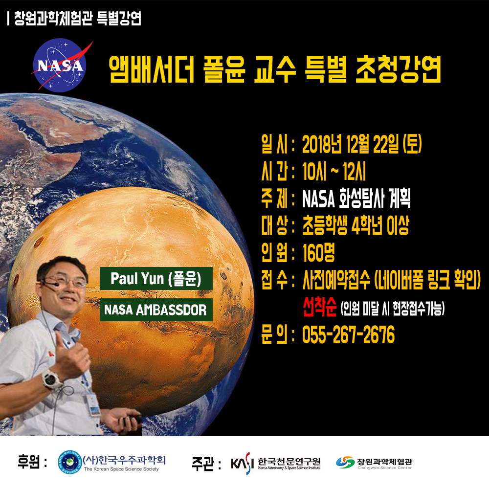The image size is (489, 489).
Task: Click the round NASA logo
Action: coord(59,65)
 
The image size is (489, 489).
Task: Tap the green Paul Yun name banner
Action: coord(156,279)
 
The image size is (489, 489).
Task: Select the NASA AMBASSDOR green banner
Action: coord(156,310)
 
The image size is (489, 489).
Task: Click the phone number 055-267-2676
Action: coord(348,334)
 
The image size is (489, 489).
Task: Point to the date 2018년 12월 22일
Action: coord(351,144)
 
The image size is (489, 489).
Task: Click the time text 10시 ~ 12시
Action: coord(334,171)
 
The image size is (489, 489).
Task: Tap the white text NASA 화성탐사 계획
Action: coord(356,198)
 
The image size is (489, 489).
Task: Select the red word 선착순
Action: coord(320,307)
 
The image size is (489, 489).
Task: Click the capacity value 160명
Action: coord(318,252)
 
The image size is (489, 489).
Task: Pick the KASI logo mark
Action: coord(241,463)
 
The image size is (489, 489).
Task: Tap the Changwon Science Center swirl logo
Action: coord(345,462)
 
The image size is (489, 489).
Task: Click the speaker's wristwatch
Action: coord(51,379)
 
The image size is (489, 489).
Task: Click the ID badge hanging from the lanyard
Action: coord(93,405)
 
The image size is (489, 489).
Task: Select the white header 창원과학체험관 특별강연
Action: coord(78,19)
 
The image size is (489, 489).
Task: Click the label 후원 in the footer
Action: coord(29,462)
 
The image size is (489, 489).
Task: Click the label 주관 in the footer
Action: coord(203,463)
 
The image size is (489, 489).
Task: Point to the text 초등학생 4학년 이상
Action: coord(356,225)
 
